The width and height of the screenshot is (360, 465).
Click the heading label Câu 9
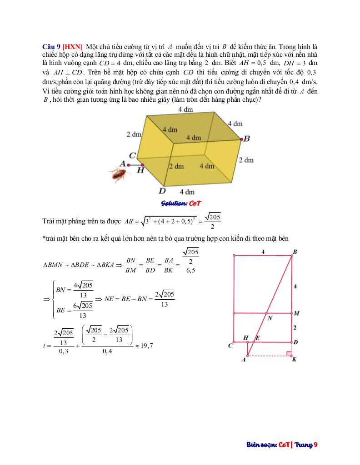(51, 47)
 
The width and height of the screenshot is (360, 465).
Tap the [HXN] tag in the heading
(72, 47)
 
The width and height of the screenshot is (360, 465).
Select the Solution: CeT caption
(181, 203)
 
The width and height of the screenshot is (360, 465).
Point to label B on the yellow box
(247, 139)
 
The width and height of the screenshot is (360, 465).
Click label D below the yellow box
(162, 191)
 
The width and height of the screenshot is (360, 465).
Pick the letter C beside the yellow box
(132, 156)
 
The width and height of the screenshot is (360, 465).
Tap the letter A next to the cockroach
(122, 163)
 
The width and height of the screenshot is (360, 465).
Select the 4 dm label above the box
(185, 109)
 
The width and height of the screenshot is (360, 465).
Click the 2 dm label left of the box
(134, 134)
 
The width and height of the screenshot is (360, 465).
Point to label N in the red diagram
(270, 318)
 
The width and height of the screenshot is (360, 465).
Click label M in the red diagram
(296, 313)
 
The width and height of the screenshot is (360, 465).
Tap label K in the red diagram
(295, 360)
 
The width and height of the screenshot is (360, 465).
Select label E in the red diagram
(257, 338)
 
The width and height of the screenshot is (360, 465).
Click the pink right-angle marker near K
(289, 353)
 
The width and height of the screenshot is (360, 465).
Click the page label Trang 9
(306, 445)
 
